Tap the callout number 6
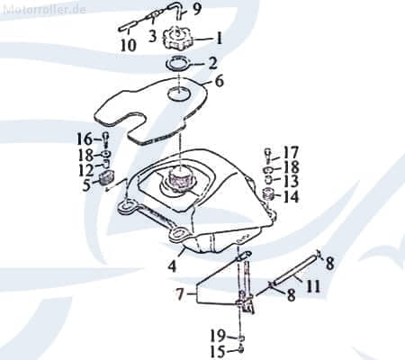[x=220, y=81]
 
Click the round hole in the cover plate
[x=178, y=94]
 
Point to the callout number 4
[x=172, y=266]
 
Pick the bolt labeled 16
[x=106, y=139]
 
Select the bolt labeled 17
[x=267, y=155]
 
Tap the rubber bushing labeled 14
[x=268, y=196]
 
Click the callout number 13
[x=291, y=181]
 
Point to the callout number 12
[x=87, y=170]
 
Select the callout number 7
[x=179, y=294]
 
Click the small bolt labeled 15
[x=241, y=349]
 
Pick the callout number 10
[x=129, y=45]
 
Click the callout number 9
[x=197, y=9]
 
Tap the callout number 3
[x=153, y=37]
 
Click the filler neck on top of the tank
[x=179, y=179]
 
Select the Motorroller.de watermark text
[x=44, y=9]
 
